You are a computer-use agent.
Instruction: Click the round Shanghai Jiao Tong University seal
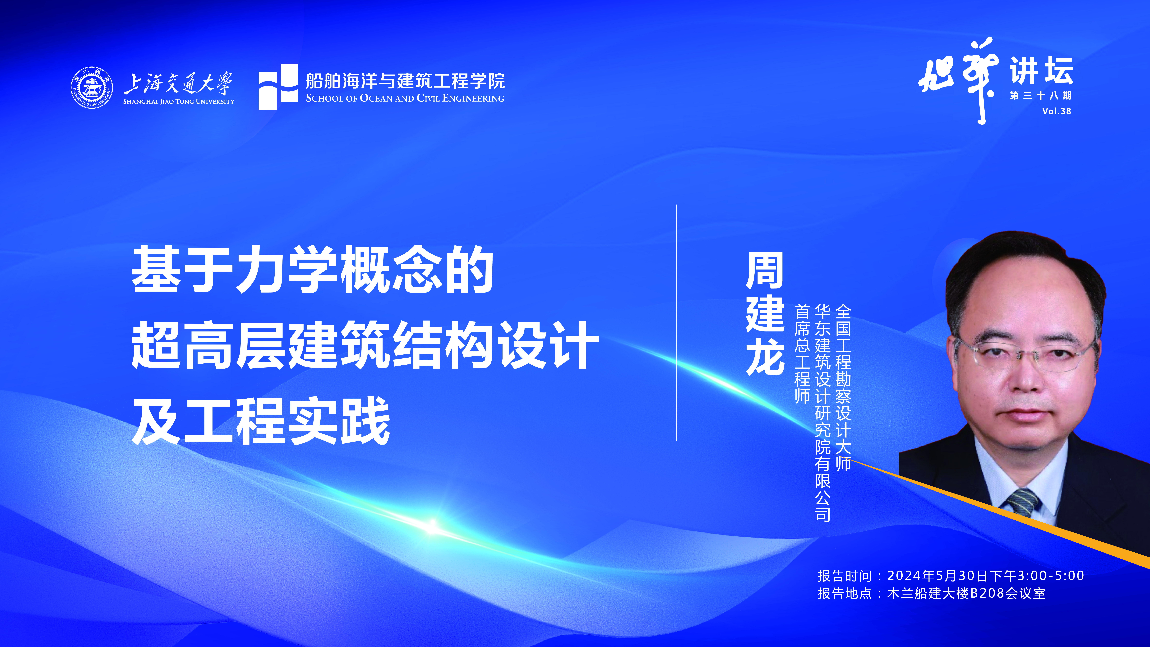[92, 88]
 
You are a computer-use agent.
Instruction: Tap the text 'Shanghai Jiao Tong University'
[179, 101]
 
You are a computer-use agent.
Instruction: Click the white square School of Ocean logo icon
[278, 87]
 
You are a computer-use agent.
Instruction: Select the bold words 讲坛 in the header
[1042, 71]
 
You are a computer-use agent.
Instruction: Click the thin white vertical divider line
[677, 322]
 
